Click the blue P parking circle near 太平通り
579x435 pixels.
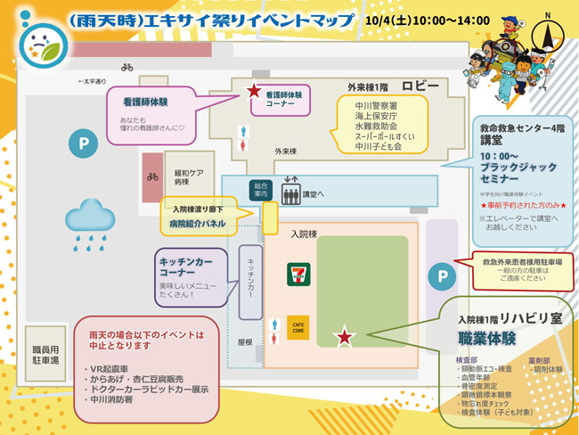pyautogui.click(x=83, y=142)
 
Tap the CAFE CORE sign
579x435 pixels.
pyautogui.click(x=298, y=326)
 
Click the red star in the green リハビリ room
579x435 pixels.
pyautogui.click(x=343, y=336)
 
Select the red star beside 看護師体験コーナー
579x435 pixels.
pyautogui.click(x=254, y=91)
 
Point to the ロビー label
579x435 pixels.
pyautogui.click(x=420, y=86)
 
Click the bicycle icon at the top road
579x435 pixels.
pyautogui.click(x=127, y=67)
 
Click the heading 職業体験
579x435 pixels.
pyautogui.click(x=489, y=340)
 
